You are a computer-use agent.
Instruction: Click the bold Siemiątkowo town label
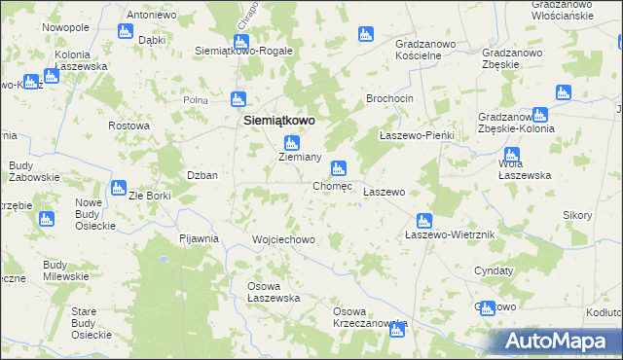[277, 120]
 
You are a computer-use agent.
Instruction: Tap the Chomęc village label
[332, 186]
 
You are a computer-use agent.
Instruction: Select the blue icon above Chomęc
[338, 168]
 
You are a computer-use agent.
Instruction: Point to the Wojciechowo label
[283, 239]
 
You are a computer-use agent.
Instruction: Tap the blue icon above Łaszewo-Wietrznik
[423, 219]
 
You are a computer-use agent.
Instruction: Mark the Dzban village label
[202, 175]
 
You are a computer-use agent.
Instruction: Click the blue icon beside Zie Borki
[119, 188]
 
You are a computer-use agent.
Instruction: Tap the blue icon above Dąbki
[125, 31]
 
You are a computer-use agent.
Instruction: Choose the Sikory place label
[578, 214]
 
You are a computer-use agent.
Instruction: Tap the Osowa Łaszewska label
[273, 292]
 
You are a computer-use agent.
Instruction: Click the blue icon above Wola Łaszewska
[511, 154]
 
